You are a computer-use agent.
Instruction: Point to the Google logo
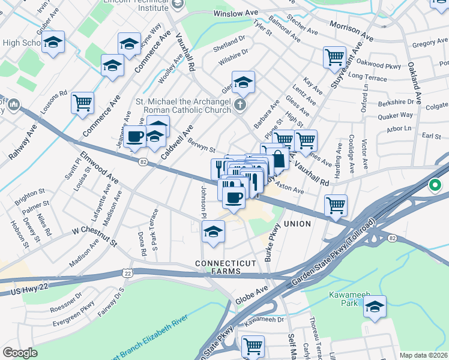20,353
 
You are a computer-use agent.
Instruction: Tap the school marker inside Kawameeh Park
374,307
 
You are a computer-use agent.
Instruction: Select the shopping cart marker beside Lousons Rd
82,103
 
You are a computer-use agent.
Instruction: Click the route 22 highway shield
127,273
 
